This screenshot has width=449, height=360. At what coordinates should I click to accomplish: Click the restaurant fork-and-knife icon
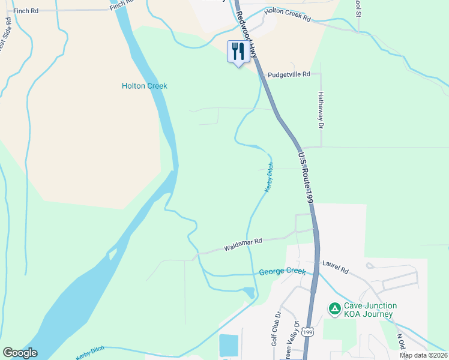tap(238, 51)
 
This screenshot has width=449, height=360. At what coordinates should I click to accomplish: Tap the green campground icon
tap(334, 308)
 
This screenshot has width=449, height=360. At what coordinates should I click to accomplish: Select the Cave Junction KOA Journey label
tap(368, 310)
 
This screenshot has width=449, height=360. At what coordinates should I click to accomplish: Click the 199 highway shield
tap(307, 331)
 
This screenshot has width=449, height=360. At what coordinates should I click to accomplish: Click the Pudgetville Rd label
tap(289, 74)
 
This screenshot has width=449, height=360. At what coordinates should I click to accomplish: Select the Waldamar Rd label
tap(243, 245)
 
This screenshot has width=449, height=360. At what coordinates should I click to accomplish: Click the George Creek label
tap(282, 272)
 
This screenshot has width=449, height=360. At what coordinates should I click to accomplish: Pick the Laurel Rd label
tap(335, 268)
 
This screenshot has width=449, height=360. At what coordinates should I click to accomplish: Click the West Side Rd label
tap(6, 35)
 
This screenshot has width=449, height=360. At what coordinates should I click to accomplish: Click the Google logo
tap(20, 353)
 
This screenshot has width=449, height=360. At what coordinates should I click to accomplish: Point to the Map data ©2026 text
tap(423, 355)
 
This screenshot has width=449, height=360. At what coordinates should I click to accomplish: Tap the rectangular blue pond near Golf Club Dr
tap(229, 345)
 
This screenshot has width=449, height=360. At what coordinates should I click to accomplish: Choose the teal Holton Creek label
tap(144, 86)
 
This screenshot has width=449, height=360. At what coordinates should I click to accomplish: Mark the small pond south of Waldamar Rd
tap(248, 292)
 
